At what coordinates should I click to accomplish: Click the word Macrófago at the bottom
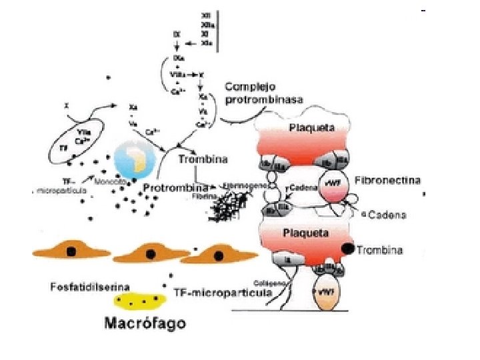(x=145, y=324)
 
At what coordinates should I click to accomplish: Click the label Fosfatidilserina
(x=89, y=287)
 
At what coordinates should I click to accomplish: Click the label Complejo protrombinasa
(x=264, y=93)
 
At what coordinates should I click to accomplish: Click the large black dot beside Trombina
(x=347, y=249)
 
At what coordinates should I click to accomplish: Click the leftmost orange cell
(x=70, y=251)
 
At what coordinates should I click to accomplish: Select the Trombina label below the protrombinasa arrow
(x=203, y=159)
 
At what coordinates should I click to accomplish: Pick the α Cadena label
(x=379, y=215)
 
